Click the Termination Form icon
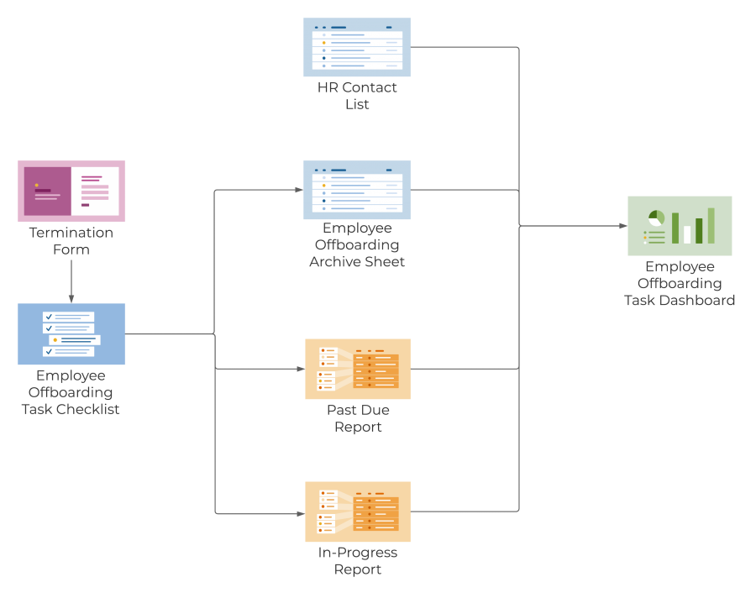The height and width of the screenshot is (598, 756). point(71,191)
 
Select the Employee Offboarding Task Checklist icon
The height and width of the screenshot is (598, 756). point(71,333)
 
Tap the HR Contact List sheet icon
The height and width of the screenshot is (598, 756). point(357,48)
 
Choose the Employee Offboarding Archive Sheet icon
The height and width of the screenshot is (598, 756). point(357,190)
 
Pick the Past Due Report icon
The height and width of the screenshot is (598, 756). point(358,369)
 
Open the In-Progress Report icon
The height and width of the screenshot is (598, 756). point(358,511)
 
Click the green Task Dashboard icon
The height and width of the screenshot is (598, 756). point(680,226)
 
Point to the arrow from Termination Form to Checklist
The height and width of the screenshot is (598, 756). point(71,281)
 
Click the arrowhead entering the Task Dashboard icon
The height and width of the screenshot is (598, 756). point(622,226)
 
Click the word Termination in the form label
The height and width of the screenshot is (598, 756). point(71,233)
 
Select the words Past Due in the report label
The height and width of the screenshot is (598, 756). point(358,410)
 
